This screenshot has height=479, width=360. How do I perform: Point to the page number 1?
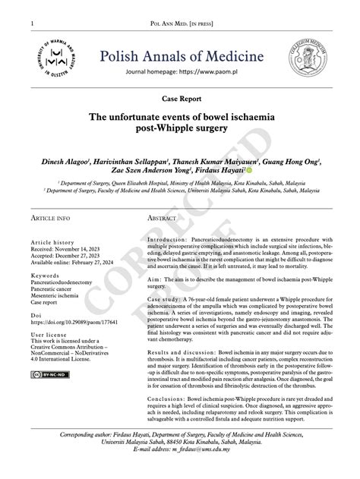click(32, 24)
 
